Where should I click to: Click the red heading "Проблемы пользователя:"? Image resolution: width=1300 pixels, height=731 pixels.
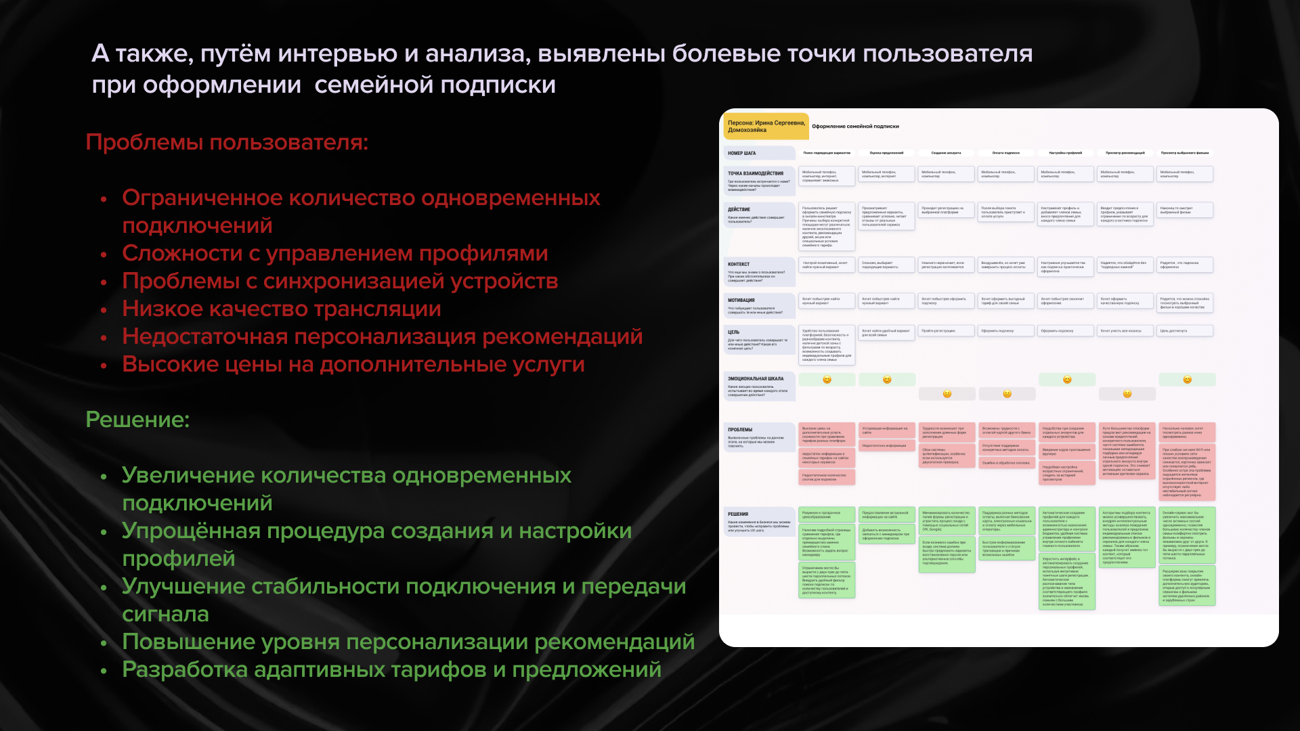227,143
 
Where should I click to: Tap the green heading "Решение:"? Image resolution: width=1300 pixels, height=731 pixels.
137,420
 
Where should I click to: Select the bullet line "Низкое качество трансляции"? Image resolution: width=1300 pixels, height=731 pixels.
281,309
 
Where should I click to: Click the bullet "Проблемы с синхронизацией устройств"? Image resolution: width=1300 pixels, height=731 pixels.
340,281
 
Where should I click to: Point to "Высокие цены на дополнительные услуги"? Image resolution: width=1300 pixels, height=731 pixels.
353,364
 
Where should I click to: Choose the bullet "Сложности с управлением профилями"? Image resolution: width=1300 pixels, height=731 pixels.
334,253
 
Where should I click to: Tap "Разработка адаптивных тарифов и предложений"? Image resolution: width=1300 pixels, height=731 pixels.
391,669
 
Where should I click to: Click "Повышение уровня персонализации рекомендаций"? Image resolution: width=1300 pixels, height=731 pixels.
408,642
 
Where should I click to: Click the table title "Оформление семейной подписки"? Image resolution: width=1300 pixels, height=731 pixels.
855,127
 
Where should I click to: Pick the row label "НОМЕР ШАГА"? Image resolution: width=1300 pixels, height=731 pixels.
742,154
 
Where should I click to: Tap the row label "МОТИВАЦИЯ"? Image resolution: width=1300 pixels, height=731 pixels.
741,301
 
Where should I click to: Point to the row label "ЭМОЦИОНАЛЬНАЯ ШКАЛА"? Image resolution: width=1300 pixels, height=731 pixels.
756,379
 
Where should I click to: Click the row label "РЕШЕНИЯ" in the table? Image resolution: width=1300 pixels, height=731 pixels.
738,514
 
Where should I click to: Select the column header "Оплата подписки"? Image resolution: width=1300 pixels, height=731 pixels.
1005,153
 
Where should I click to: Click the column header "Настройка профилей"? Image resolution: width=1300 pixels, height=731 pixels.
1065,153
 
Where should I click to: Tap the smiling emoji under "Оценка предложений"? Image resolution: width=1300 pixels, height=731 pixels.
887,380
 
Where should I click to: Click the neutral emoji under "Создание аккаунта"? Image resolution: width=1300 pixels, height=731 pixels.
947,394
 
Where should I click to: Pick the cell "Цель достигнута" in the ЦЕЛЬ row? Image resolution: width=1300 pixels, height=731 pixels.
1173,331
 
